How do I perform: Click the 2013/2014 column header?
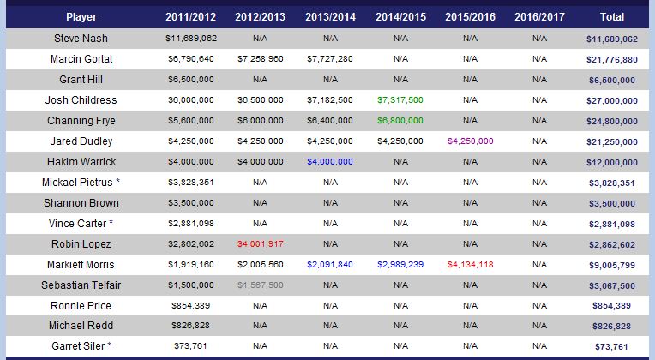(330, 17)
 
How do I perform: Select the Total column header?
(612, 17)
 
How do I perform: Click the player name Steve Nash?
(81, 39)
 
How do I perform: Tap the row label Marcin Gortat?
(81, 59)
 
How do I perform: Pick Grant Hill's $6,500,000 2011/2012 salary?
(190, 80)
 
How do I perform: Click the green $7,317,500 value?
(400, 100)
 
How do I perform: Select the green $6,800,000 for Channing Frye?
(400, 121)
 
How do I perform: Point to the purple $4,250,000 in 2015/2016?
(470, 141)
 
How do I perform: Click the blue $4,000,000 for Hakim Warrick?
(330, 162)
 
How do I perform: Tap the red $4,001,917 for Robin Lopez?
(261, 244)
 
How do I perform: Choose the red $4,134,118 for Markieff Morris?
(470, 265)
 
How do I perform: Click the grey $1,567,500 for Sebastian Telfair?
(261, 285)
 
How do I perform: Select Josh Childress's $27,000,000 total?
(612, 100)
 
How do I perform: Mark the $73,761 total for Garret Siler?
(612, 346)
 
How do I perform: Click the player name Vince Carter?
(78, 224)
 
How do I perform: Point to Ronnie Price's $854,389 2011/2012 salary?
(190, 306)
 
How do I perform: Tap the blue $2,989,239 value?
(400, 265)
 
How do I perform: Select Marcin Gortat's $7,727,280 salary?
(330, 59)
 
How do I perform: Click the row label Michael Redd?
(81, 327)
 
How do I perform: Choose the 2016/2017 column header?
(539, 17)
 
